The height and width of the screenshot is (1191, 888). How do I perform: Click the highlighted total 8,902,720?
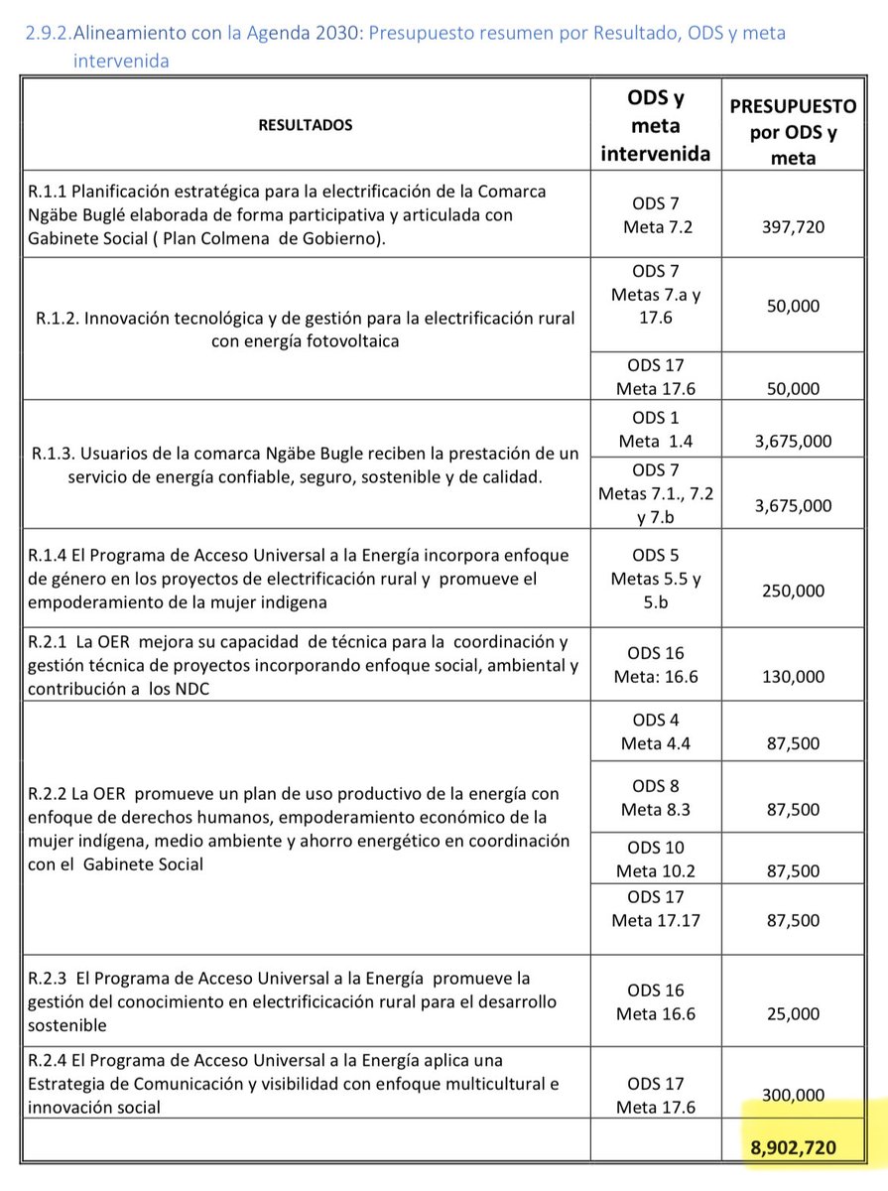click(793, 1147)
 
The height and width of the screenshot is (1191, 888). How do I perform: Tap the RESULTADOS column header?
click(305, 125)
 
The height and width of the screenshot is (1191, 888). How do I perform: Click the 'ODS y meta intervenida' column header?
click(656, 126)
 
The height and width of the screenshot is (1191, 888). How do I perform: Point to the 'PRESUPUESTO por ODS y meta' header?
click(792, 132)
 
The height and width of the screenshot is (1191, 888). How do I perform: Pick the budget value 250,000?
click(793, 590)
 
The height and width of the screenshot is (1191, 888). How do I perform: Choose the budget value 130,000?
click(793, 676)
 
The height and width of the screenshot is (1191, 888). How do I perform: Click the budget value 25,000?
click(793, 1013)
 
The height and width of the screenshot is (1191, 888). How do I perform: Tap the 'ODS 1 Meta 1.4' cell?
click(656, 429)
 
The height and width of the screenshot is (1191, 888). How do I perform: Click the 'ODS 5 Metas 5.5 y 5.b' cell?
click(656, 580)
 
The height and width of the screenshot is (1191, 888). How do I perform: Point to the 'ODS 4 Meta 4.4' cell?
click(656, 731)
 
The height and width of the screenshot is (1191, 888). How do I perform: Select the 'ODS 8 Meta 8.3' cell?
click(656, 797)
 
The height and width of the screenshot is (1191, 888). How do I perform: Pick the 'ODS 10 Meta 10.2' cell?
click(656, 860)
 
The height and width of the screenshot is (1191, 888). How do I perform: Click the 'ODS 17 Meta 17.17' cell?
click(656, 909)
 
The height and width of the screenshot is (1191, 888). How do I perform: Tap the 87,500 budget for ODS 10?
click(793, 870)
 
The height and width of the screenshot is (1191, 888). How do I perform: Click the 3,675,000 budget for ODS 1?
click(793, 441)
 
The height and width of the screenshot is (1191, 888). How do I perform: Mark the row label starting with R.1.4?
click(298, 580)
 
